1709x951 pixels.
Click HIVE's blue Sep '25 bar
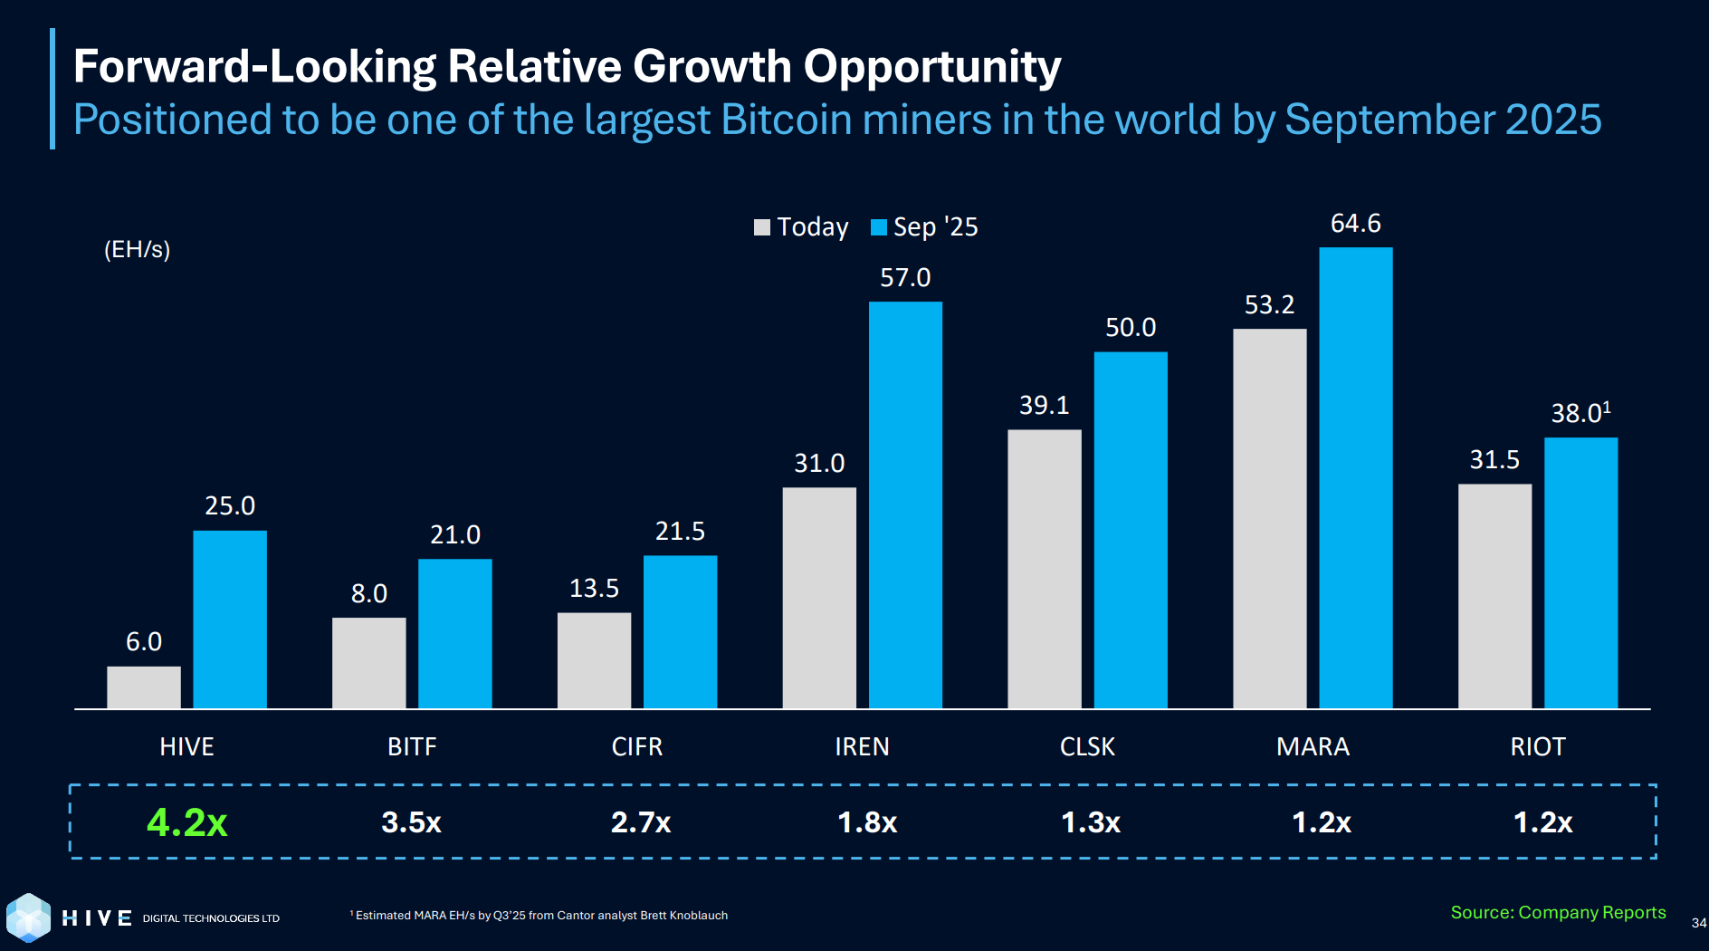point(230,620)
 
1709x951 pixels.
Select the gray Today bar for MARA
point(1269,518)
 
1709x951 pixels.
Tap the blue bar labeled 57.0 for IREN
point(905,505)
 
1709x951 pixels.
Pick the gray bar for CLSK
point(1044,569)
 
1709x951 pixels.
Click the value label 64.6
point(1355,224)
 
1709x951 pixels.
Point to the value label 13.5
point(594,589)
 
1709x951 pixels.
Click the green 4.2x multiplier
point(187,822)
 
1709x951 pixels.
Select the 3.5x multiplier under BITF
point(411,822)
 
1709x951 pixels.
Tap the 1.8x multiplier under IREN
point(867,822)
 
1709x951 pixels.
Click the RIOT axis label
point(1537,747)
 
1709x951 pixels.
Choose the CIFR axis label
point(637,747)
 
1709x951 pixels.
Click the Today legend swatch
point(762,227)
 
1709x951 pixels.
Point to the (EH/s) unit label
point(137,250)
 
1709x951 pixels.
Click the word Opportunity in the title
point(931,67)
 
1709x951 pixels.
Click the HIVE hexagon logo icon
point(28,917)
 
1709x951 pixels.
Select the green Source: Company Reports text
point(1557,913)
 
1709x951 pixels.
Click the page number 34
point(1698,923)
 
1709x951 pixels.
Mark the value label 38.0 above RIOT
point(1580,413)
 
